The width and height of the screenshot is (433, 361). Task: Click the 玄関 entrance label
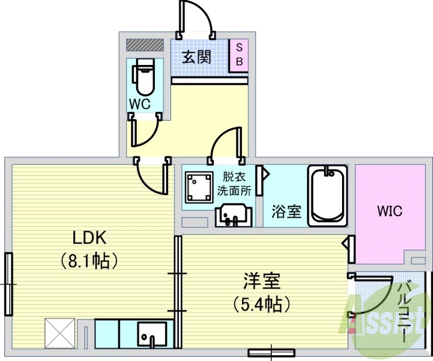196,56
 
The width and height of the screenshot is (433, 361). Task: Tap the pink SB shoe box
239,54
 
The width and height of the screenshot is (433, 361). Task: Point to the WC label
139,104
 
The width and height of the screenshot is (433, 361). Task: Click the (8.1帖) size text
89,262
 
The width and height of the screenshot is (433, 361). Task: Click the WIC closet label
390,211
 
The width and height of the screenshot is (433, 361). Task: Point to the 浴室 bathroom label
286,211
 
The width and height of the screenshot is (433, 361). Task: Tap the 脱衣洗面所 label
234,183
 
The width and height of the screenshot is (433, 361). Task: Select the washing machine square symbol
198,187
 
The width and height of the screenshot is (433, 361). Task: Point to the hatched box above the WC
145,44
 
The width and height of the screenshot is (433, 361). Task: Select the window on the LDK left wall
8,284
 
